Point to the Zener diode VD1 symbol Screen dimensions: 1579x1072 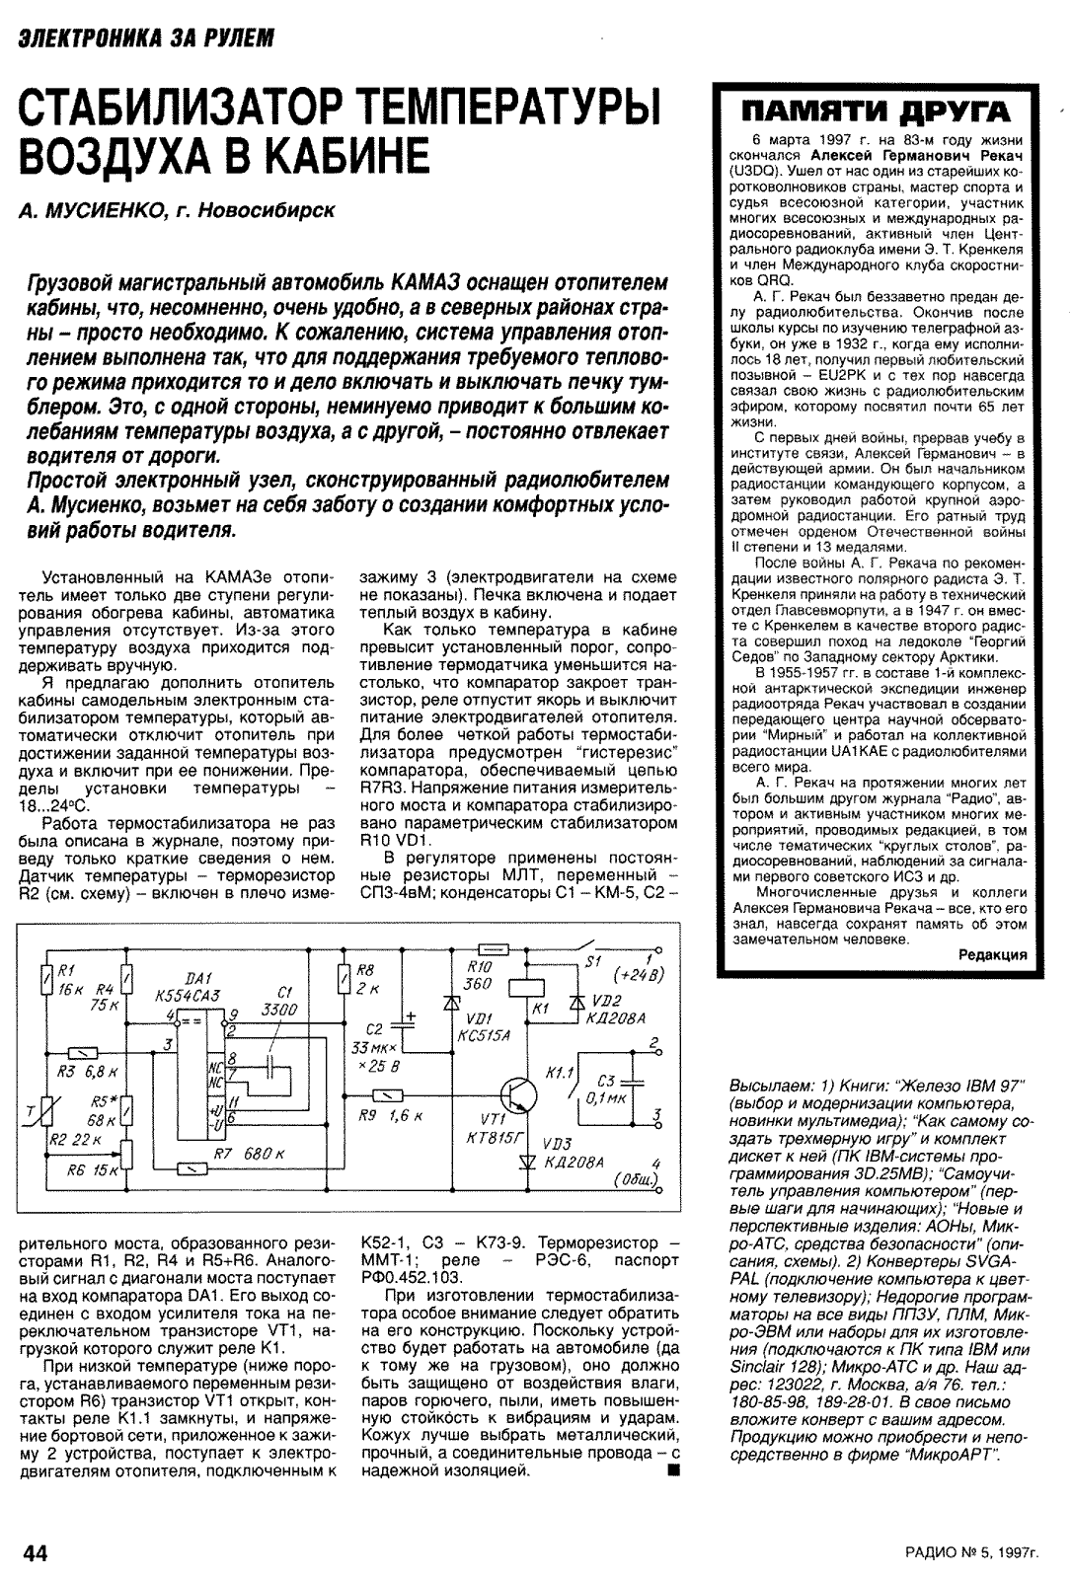pyautogui.click(x=453, y=1001)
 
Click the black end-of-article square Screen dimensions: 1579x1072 pyautogui.click(x=674, y=1472)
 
